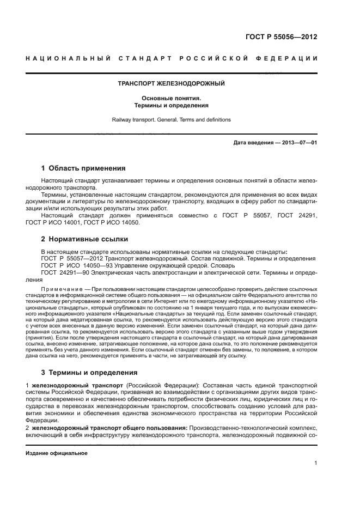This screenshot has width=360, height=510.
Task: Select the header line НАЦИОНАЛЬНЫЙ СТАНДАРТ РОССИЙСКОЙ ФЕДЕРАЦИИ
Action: coord(172,58)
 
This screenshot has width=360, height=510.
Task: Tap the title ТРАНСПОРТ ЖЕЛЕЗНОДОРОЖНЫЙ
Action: coord(172,84)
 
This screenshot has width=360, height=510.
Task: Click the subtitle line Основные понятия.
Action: coord(172,98)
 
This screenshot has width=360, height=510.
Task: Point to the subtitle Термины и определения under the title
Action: coord(172,106)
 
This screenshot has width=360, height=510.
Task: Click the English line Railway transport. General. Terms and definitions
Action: coord(172,119)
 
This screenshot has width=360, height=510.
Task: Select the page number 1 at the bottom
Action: coord(315,464)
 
